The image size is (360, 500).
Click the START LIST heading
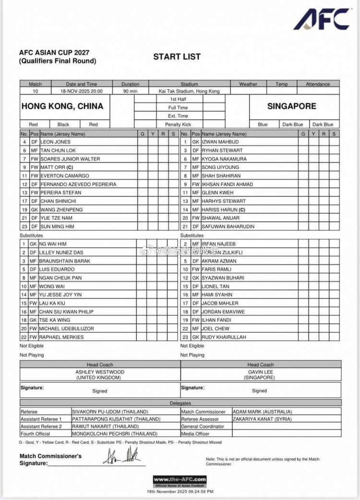(x=177, y=57)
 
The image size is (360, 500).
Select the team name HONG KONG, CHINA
(x=62, y=106)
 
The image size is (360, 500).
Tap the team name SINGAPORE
(x=292, y=106)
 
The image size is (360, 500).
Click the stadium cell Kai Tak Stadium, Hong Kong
(x=189, y=91)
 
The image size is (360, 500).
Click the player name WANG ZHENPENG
(x=61, y=209)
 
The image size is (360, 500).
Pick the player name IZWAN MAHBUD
(x=220, y=142)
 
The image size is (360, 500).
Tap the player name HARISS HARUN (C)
(x=224, y=209)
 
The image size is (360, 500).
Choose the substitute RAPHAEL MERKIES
(x=61, y=337)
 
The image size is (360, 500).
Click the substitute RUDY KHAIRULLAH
(x=223, y=337)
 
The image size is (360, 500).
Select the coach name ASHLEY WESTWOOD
(x=100, y=372)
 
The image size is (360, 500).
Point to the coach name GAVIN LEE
(x=261, y=372)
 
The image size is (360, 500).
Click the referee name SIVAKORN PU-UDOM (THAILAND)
(x=110, y=412)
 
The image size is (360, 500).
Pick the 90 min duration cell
(x=130, y=91)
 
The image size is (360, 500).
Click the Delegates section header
(x=180, y=403)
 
